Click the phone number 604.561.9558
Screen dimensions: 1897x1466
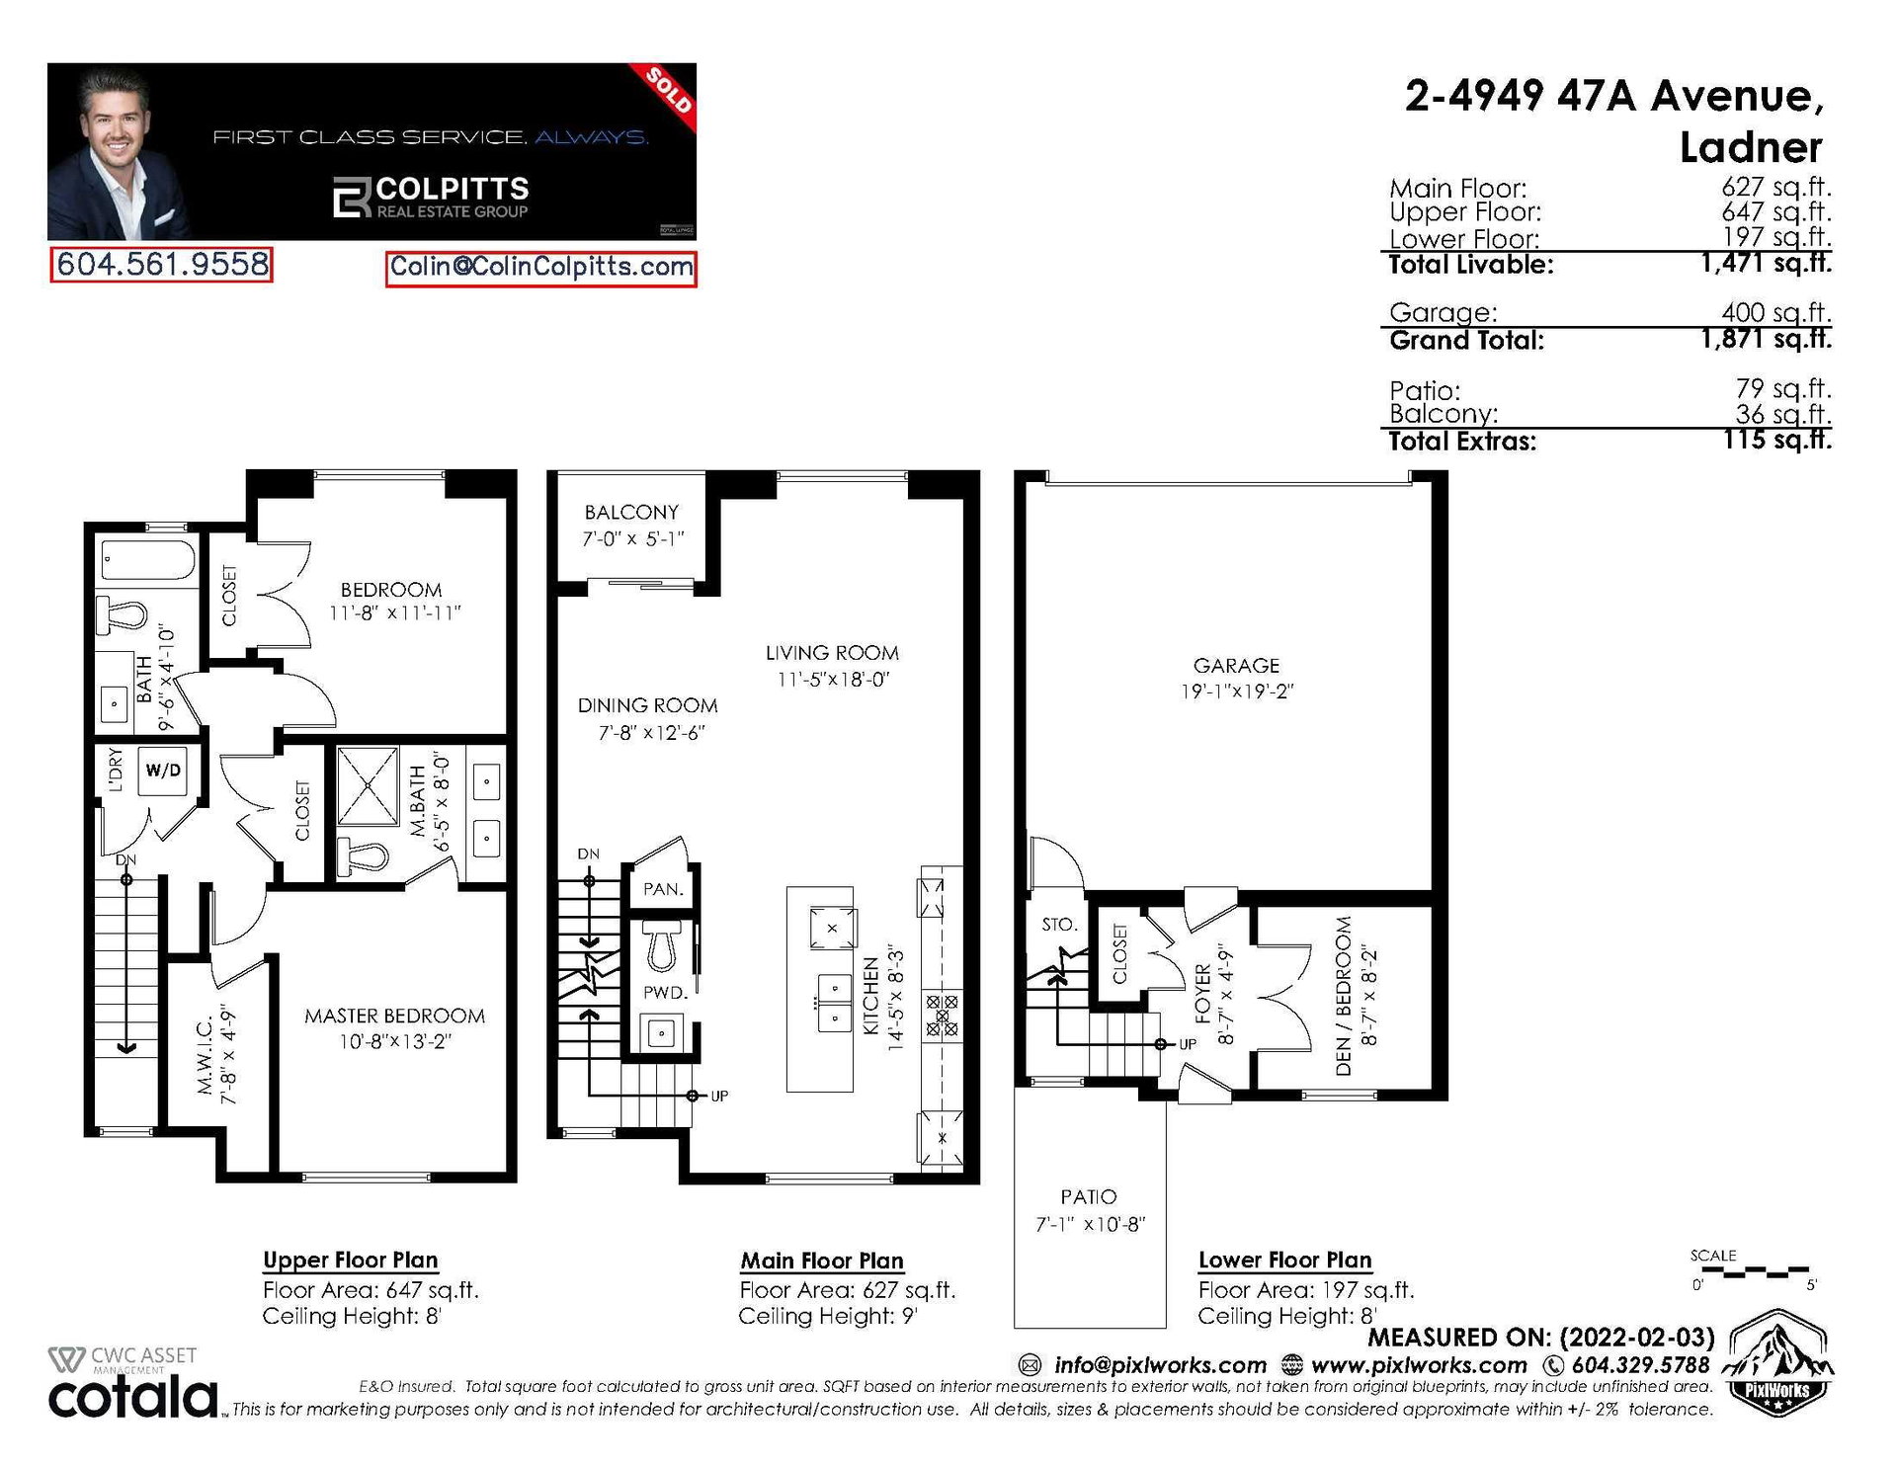(162, 265)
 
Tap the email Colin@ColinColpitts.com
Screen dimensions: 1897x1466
(541, 267)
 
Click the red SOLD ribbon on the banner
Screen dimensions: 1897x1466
(669, 90)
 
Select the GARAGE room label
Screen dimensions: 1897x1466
(1236, 666)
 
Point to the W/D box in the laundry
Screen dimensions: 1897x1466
(164, 770)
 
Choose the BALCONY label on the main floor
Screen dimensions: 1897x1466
(632, 512)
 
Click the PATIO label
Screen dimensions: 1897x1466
(1089, 1197)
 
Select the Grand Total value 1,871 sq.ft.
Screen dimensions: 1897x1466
(1767, 339)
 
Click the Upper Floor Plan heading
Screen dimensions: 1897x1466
(351, 1261)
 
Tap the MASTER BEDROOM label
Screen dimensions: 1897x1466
(394, 1016)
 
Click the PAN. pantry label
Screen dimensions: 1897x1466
(663, 889)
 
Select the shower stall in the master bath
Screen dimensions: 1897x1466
(368, 786)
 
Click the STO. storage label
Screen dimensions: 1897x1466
(1059, 925)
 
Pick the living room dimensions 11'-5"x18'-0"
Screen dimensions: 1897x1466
(833, 680)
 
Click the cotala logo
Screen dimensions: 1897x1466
(133, 1397)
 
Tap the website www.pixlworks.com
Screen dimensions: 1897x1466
(1419, 1365)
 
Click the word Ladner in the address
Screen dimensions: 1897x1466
(1751, 148)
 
